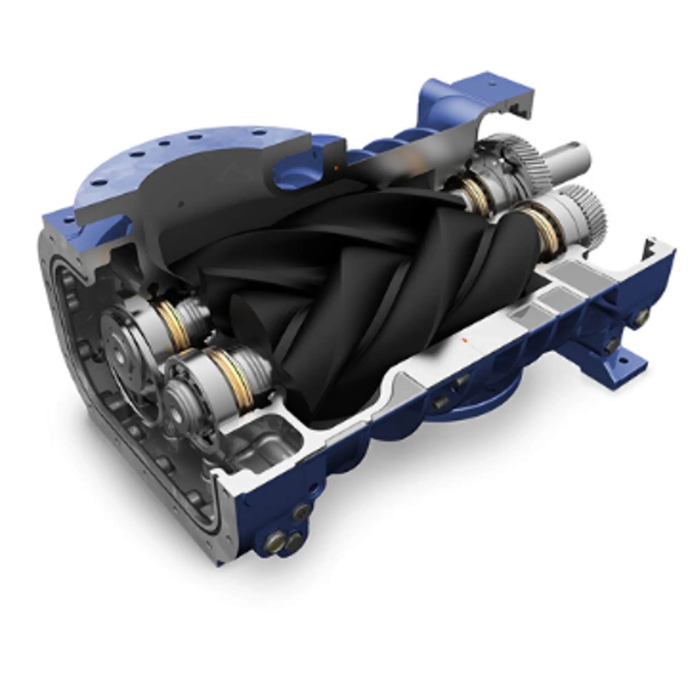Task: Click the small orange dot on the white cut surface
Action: pos(464,341)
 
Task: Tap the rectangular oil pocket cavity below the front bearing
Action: pos(265,443)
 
